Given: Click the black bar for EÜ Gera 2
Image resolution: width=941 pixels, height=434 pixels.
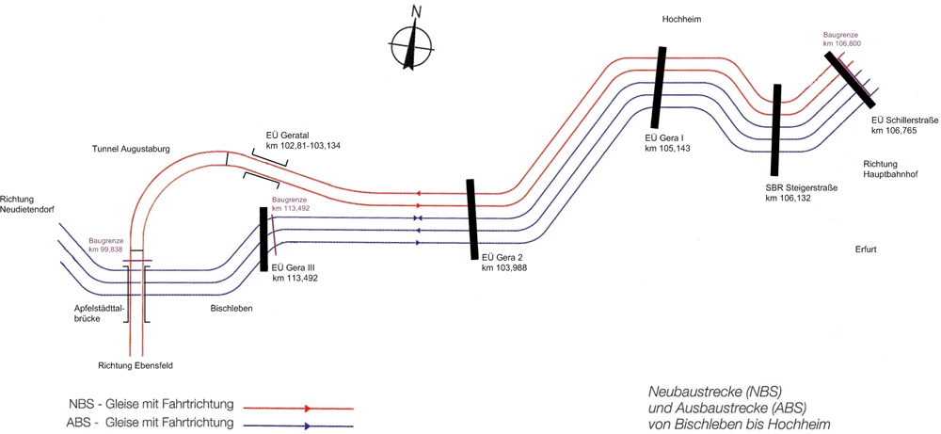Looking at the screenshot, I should [471, 217].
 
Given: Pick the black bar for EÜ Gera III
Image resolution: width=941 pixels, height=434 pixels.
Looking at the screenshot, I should [264, 239].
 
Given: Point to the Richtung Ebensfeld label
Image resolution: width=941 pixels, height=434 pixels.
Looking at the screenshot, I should [136, 365].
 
